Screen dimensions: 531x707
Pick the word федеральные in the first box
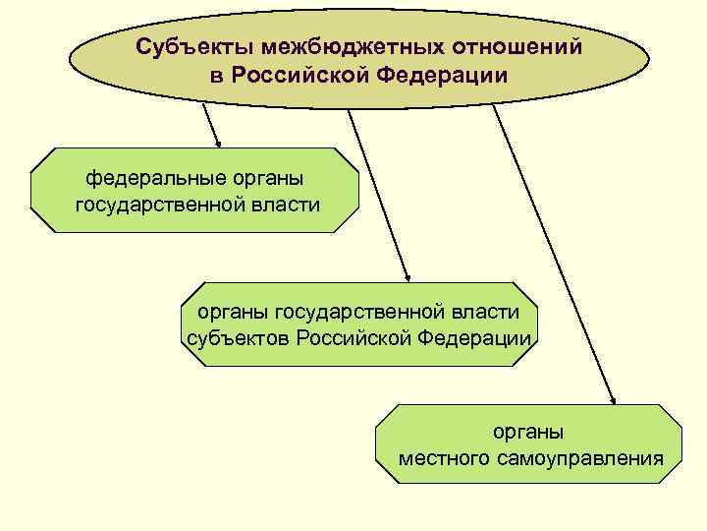(x=150, y=179)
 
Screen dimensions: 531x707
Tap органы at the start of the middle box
(x=230, y=313)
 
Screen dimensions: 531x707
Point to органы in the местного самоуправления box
(x=528, y=432)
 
